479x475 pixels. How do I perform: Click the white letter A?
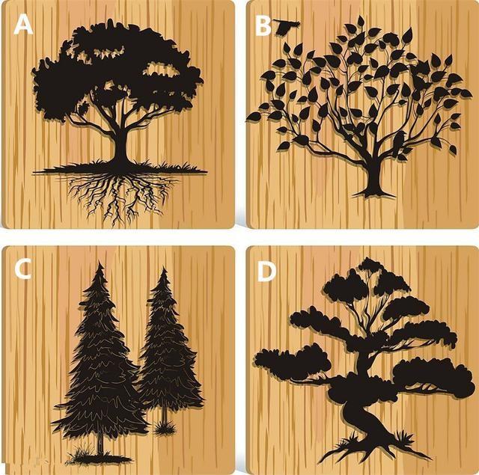pyautogui.click(x=23, y=25)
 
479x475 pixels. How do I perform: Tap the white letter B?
pyautogui.click(x=263, y=26)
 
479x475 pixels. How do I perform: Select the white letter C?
pyautogui.click(x=22, y=269)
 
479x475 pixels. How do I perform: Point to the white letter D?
pyautogui.click(x=266, y=272)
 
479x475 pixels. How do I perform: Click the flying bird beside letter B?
pyautogui.click(x=285, y=27)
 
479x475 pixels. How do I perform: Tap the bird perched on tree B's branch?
pyautogui.click(x=398, y=143)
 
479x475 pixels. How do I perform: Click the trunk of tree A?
pyautogui.click(x=121, y=147)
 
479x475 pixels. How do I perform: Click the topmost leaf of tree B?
pyautogui.click(x=361, y=22)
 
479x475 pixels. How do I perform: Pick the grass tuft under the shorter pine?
pyautogui.click(x=165, y=428)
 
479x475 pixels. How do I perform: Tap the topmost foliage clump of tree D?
pyautogui.click(x=371, y=265)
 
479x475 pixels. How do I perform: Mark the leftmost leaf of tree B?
pyautogui.click(x=254, y=116)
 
